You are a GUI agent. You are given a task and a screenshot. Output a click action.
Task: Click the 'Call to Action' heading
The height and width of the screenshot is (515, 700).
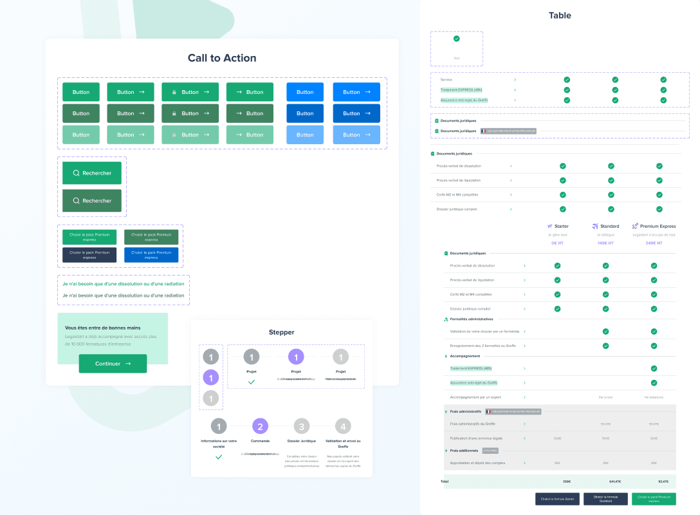click(222, 58)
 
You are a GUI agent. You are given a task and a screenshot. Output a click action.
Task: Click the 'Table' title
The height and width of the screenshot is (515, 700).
click(559, 15)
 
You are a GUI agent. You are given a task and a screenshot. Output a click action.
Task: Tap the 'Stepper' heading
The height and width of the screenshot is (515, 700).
click(281, 332)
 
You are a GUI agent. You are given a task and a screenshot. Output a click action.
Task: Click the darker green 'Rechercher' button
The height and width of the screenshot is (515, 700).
click(92, 201)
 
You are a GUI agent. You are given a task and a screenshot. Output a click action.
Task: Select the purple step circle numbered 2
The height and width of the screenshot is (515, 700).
click(260, 426)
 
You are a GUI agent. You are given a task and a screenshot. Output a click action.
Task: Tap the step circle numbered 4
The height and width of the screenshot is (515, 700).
click(343, 426)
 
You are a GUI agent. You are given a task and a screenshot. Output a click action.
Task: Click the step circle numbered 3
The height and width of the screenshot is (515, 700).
click(302, 426)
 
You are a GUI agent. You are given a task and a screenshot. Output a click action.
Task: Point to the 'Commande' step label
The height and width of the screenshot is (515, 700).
click(260, 441)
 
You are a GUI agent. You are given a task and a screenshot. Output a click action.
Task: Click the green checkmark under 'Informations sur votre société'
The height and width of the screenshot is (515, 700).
click(219, 456)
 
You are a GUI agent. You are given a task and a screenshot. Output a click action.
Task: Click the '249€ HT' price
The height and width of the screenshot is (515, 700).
click(654, 243)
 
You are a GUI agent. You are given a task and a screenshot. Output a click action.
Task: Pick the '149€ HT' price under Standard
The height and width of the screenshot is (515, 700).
click(605, 243)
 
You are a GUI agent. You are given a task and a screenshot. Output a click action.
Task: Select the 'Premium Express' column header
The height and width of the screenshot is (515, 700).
click(658, 227)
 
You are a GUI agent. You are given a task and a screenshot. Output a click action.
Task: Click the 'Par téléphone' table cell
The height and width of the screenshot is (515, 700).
click(654, 397)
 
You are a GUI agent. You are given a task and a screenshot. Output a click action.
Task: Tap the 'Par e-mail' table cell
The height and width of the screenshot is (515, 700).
click(605, 397)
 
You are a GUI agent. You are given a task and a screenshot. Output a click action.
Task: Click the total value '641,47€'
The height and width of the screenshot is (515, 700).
click(605, 481)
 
